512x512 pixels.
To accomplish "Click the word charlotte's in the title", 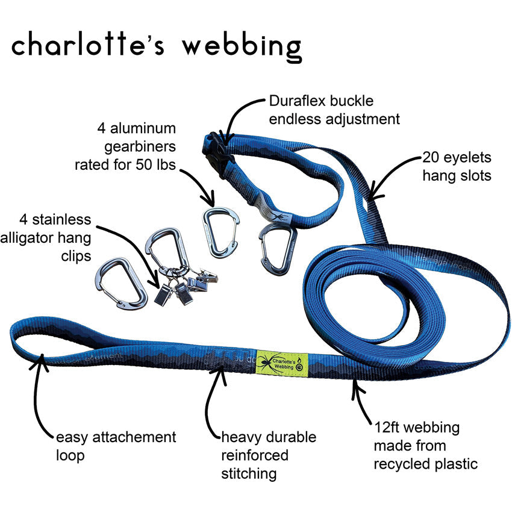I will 87,46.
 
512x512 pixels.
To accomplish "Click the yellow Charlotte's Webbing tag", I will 282,361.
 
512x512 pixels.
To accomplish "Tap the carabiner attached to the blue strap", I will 276,249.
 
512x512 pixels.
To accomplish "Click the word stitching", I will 249,473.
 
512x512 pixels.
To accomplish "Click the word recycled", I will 401,464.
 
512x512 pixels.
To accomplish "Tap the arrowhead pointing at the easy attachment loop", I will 42,361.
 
